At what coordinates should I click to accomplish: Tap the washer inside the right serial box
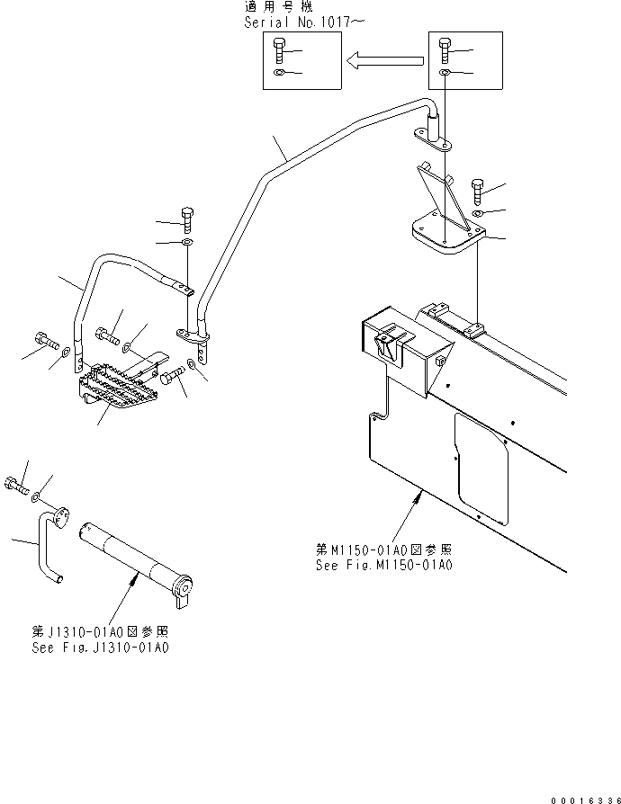[x=445, y=73]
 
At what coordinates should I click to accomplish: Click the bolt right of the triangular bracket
[x=477, y=191]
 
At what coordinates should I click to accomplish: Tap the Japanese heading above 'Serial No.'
[x=278, y=7]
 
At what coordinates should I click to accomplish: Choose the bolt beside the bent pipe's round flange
[x=15, y=487]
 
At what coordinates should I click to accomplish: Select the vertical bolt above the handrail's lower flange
[x=187, y=219]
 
